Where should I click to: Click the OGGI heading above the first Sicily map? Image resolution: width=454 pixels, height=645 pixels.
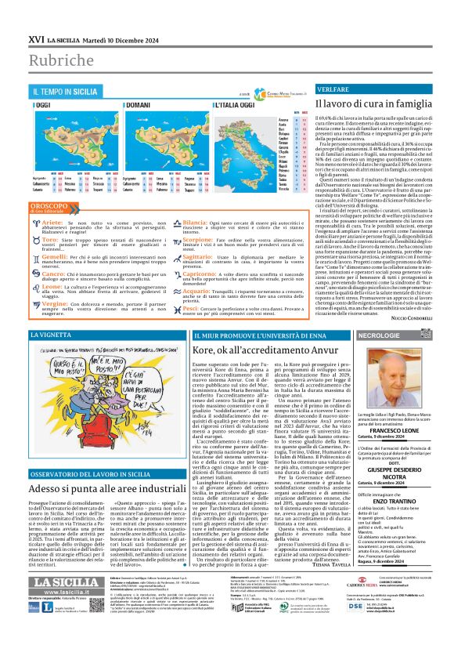(x=45, y=105)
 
